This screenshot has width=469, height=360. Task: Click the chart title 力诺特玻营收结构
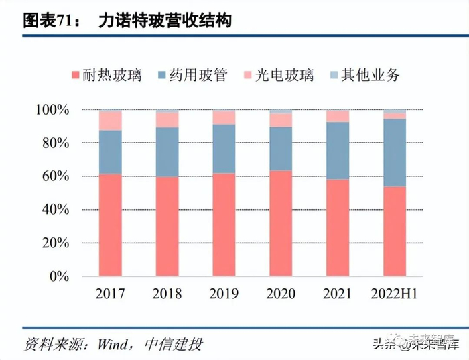click(x=164, y=21)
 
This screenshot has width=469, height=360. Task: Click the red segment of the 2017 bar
click(x=110, y=225)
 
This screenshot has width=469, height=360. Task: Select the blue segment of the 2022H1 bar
click(x=395, y=152)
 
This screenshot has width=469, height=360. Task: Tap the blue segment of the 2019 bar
click(x=224, y=149)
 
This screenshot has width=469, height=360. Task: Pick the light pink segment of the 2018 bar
click(x=167, y=120)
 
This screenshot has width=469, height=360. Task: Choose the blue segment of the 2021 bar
click(x=338, y=150)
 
